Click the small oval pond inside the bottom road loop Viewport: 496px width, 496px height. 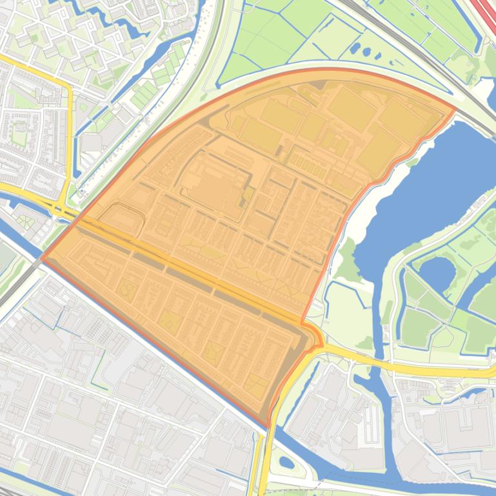click(x=287, y=463)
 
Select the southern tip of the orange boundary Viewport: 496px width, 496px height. click(x=268, y=425)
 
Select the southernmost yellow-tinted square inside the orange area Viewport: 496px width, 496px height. click(x=255, y=385)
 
